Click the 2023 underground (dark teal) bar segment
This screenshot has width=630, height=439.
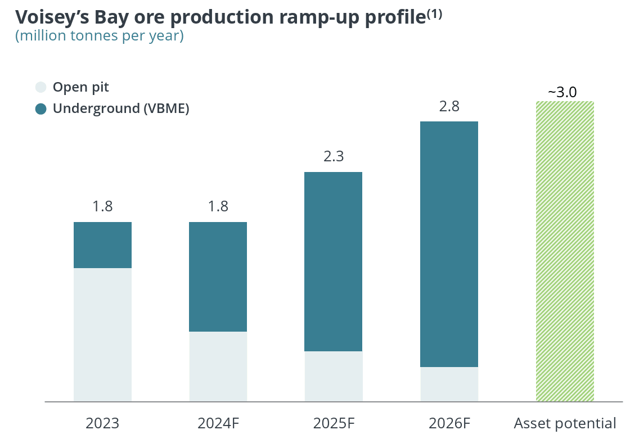point(102,245)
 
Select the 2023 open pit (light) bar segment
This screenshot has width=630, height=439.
point(102,334)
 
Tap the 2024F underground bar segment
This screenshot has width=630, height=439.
point(218,277)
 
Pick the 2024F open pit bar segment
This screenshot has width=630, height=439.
point(218,366)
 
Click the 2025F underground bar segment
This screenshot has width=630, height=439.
point(333,261)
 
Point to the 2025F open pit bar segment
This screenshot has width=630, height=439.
point(333,376)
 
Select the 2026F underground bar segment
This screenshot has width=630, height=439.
point(449,244)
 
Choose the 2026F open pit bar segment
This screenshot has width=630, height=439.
point(449,384)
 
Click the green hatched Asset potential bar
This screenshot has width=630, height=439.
point(565,251)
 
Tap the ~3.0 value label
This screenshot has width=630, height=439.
point(562,92)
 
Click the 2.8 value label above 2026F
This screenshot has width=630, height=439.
point(449,106)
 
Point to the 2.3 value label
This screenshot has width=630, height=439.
point(334,156)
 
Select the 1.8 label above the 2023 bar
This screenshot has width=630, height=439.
point(102,206)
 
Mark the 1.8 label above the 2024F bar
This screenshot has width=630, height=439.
point(218,206)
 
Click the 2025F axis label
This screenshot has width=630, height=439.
point(334,423)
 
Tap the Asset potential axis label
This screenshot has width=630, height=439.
point(565,423)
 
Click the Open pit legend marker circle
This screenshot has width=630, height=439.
point(40,87)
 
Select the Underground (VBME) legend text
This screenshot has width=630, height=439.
point(121,108)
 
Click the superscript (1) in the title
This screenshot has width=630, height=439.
point(434,15)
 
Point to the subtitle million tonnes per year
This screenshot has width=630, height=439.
point(99,36)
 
